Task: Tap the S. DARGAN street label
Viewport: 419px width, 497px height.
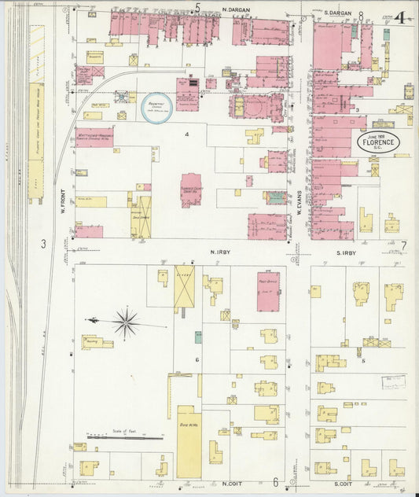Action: click(x=338, y=13)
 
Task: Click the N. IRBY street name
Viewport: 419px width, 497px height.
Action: click(x=218, y=252)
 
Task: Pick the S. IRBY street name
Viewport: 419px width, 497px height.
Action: click(x=345, y=252)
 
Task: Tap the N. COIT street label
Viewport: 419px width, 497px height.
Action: click(x=230, y=483)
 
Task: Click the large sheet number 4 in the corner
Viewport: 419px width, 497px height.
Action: click(x=401, y=17)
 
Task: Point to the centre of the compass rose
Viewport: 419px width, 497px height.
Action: click(x=125, y=321)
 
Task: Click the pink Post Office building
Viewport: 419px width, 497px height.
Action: click(x=268, y=292)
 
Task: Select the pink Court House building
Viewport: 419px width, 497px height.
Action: click(x=191, y=190)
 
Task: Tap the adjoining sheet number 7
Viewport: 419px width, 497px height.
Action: click(x=403, y=246)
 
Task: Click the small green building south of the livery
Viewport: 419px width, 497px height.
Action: click(x=198, y=337)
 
